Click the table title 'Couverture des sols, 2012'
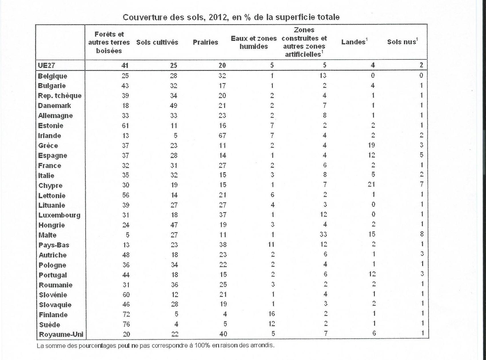click(231, 17)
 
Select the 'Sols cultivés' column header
click(157, 43)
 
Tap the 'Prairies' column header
click(205, 43)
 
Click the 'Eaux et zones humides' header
click(254, 42)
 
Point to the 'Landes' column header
click(354, 42)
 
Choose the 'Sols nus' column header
click(402, 42)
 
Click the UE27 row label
click(46, 65)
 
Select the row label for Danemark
click(54, 105)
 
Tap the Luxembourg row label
click(59, 215)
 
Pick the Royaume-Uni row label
click(61, 334)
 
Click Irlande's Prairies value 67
click(222, 135)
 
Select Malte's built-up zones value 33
click(323, 235)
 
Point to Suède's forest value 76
click(126, 324)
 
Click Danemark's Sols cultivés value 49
click(173, 105)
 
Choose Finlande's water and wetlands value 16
click(271, 314)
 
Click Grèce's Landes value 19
click(371, 145)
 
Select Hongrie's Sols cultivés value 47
click(174, 225)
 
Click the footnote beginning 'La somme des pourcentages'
click(156, 345)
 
